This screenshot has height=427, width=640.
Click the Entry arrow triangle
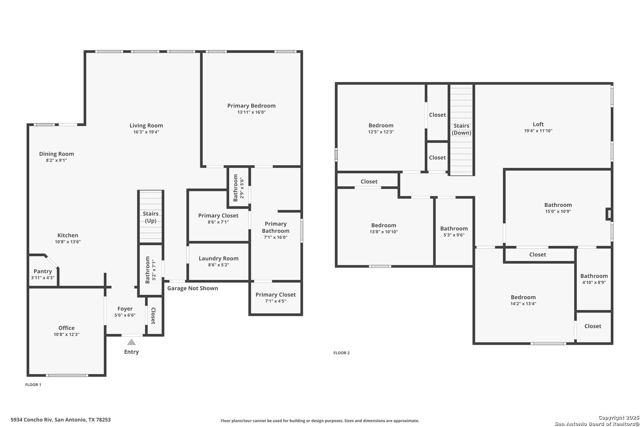(132, 342)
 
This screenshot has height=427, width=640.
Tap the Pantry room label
(43, 271)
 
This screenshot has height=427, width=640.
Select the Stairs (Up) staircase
(151, 217)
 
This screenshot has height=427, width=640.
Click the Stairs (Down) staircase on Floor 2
(461, 130)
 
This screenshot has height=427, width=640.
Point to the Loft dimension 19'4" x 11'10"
(538, 131)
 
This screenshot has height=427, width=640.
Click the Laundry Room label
(218, 258)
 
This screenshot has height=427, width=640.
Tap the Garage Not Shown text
(192, 288)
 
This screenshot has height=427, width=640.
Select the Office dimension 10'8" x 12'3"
(67, 334)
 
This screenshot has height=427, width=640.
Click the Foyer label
(125, 309)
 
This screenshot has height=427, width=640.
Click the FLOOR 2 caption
(341, 353)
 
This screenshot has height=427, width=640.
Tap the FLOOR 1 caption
(33, 385)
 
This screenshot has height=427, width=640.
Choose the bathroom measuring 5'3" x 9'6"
(454, 231)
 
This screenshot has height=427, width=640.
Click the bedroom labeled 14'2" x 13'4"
(523, 300)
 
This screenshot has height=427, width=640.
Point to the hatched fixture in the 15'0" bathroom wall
(609, 214)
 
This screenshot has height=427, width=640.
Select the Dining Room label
(56, 154)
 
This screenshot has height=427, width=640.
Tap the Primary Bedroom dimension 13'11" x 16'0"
(251, 112)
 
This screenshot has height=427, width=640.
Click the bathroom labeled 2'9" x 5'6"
(239, 188)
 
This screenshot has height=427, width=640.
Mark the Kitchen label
(68, 235)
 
